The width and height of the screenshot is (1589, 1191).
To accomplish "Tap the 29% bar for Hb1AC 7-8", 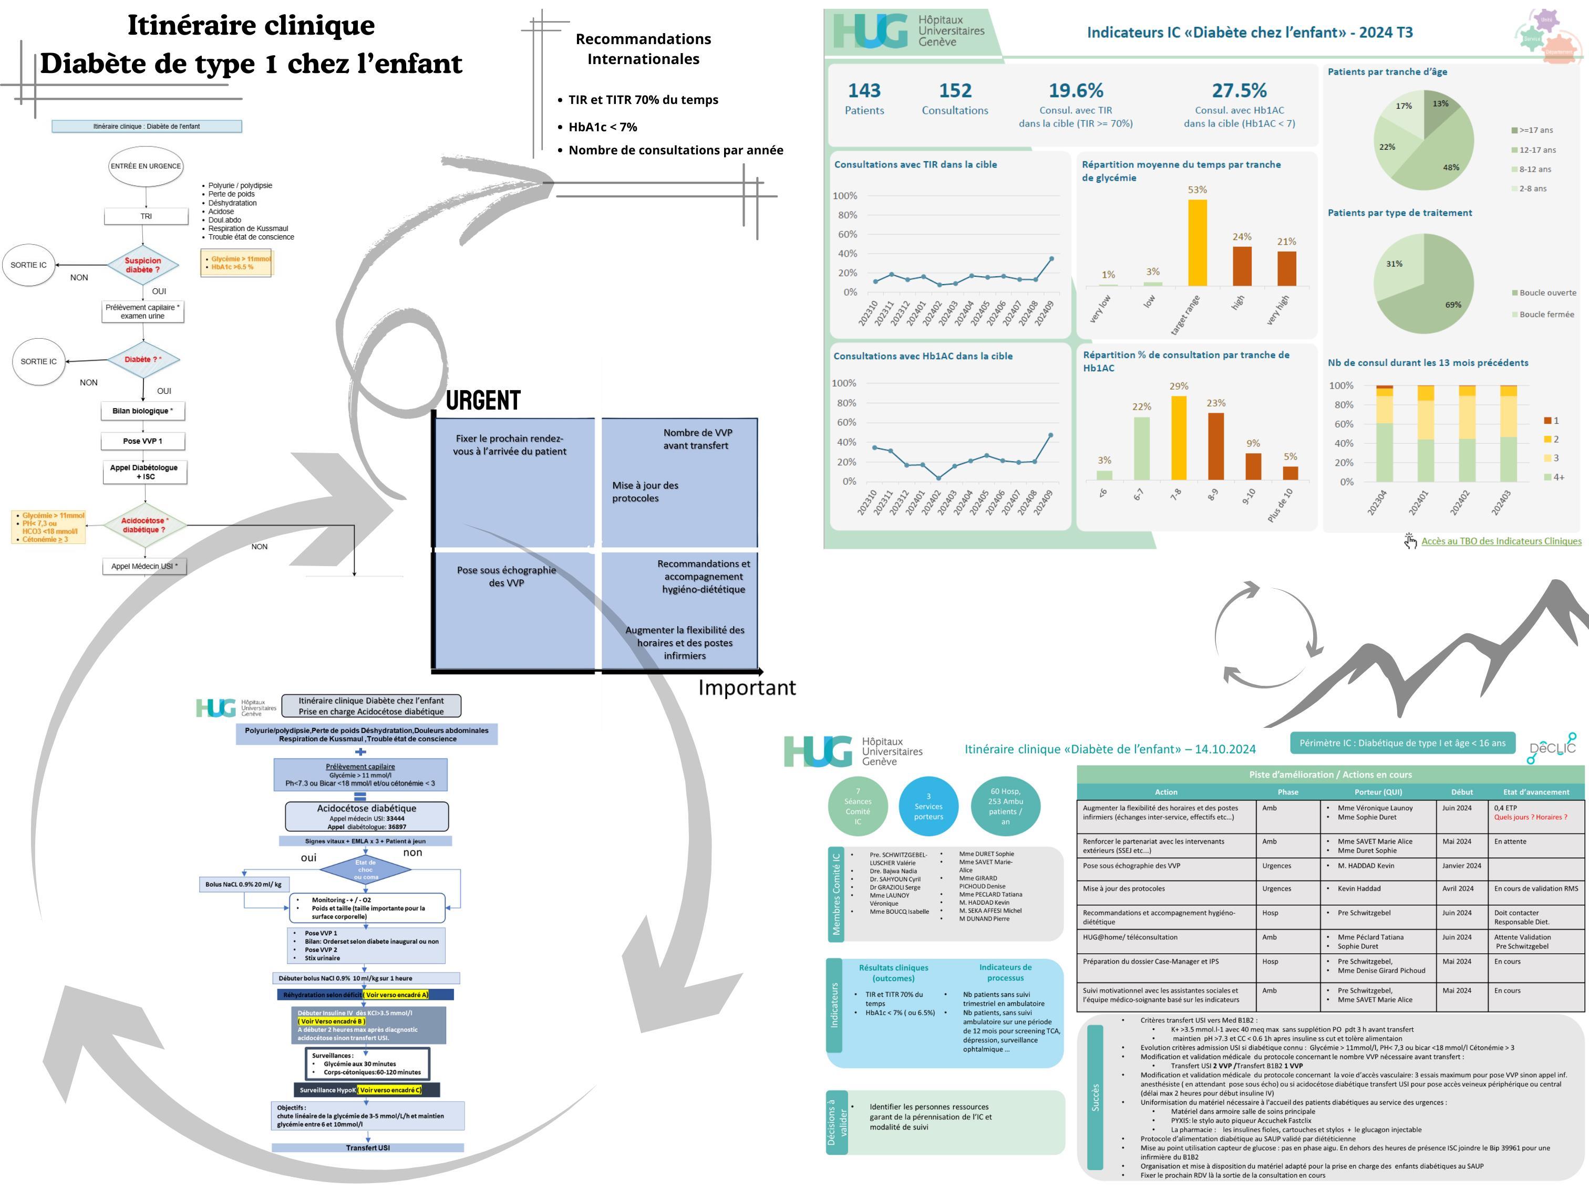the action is click(x=1178, y=437).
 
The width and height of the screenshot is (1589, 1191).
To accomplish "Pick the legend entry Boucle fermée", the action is click(x=1546, y=315).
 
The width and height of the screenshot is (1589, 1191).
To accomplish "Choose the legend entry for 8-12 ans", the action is click(x=1534, y=170).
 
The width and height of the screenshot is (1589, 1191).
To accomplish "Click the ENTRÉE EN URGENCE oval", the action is click(x=146, y=166).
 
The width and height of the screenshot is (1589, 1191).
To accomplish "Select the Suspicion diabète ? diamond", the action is click(x=143, y=265).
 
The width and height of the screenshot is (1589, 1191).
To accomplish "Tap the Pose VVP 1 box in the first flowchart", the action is click(x=143, y=441).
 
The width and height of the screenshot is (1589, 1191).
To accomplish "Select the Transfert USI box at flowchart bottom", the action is click(x=368, y=1148).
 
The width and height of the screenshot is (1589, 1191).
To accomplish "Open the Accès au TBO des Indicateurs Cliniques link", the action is click(x=1501, y=541).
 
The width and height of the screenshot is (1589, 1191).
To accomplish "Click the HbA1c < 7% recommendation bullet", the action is click(x=602, y=127).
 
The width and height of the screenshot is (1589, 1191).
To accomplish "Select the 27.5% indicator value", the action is click(x=1239, y=90).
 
